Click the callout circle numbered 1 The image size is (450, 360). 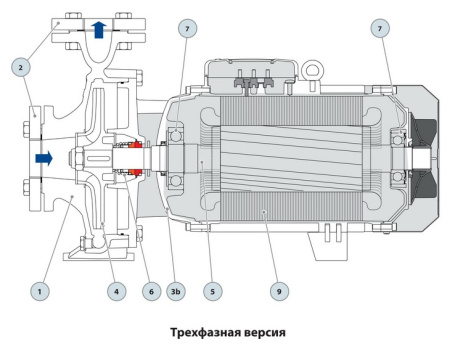tap(37, 292)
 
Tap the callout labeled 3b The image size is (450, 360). tap(176, 292)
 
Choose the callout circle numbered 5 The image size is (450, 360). tap(211, 292)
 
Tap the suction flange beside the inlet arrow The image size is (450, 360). tap(27, 158)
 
